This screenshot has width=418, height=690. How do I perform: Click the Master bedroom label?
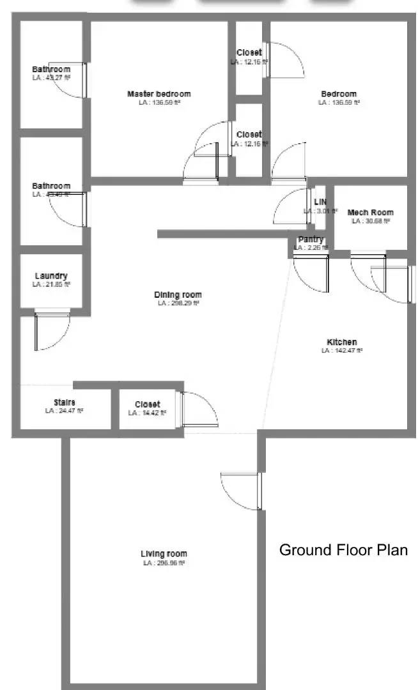(159, 94)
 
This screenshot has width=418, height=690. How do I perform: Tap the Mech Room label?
(370, 212)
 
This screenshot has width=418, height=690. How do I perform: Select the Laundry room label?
(51, 276)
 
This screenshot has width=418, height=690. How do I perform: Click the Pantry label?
(311, 239)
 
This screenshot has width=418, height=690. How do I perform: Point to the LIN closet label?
(320, 202)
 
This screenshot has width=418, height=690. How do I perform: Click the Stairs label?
(65, 402)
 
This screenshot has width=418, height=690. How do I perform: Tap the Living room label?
(164, 554)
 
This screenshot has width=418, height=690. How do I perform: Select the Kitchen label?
(342, 342)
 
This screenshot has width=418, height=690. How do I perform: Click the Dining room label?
(178, 295)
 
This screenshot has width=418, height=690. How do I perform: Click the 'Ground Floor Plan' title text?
(343, 550)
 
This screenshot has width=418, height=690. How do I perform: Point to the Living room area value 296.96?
(164, 563)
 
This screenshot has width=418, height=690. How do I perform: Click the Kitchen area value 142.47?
(342, 350)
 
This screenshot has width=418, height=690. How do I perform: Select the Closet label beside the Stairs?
(148, 404)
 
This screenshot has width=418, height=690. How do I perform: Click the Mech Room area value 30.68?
(371, 221)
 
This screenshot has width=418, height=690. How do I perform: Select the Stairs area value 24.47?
(65, 411)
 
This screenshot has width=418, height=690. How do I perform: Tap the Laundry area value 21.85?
(52, 284)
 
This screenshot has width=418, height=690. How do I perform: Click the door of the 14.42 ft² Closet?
(200, 410)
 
